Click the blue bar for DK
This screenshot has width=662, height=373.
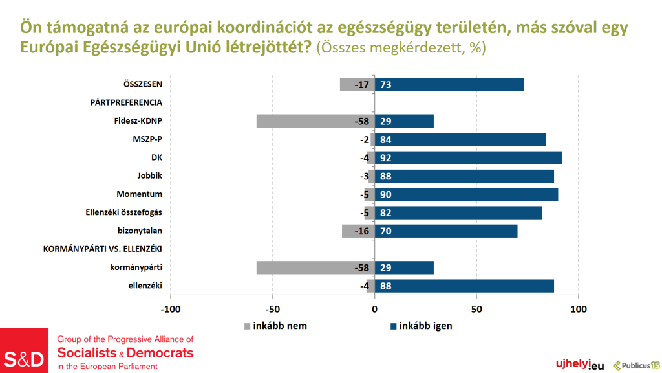click(x=469, y=157)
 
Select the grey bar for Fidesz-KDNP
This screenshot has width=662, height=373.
click(x=315, y=121)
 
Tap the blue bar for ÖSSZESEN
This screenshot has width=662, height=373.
click(x=449, y=84)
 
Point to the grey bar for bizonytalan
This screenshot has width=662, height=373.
click(x=358, y=231)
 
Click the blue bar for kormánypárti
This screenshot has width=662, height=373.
click(x=404, y=267)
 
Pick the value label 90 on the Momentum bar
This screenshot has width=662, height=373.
click(x=386, y=194)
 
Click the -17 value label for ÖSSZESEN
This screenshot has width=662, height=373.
click(x=362, y=84)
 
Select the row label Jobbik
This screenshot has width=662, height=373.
click(x=149, y=175)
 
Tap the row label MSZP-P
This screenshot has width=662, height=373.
click(x=147, y=139)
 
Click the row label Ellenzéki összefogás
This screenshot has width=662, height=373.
click(x=123, y=212)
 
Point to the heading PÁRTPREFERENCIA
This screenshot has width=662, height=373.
click(x=126, y=102)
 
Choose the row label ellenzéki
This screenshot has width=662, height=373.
click(x=145, y=286)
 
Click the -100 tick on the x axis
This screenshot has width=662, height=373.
click(x=171, y=309)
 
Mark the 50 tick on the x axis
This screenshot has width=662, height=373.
click(x=476, y=309)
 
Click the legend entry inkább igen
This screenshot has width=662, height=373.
click(x=425, y=326)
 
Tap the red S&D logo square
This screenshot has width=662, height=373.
click(x=25, y=350)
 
